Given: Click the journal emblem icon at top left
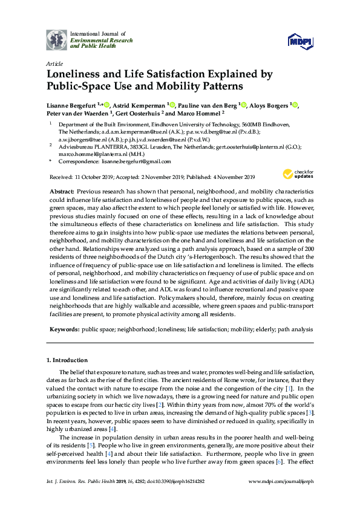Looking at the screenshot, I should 57,39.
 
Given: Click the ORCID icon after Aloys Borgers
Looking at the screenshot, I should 296,104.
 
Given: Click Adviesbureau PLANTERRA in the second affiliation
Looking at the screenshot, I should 91,146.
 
